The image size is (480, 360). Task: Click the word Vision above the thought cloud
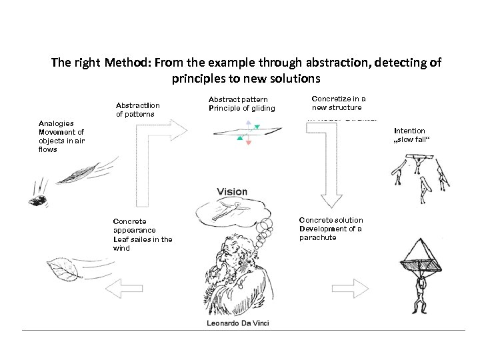tap(232, 192)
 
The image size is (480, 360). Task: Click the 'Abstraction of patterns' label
tap(137, 110)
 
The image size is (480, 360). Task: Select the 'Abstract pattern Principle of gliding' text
tap(241, 104)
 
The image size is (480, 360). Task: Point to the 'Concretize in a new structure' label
tap(339, 103)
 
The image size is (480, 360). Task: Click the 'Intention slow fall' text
tap(409, 135)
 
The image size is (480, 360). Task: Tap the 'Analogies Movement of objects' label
tap(61, 136)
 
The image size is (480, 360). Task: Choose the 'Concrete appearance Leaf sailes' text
tap(142, 235)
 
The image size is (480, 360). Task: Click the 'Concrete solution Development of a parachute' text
tap(331, 229)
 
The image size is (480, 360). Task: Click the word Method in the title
tap(126, 63)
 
